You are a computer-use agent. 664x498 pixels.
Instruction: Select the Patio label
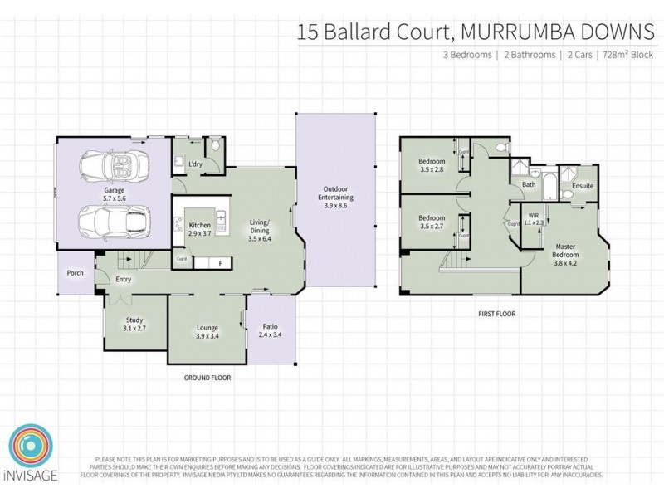[271, 330]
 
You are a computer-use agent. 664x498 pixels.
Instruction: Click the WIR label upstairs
[533, 219]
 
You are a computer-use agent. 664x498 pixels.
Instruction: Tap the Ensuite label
[583, 186]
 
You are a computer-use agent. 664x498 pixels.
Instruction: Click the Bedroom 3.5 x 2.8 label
[432, 164]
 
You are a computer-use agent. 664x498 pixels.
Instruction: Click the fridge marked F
[220, 264]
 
